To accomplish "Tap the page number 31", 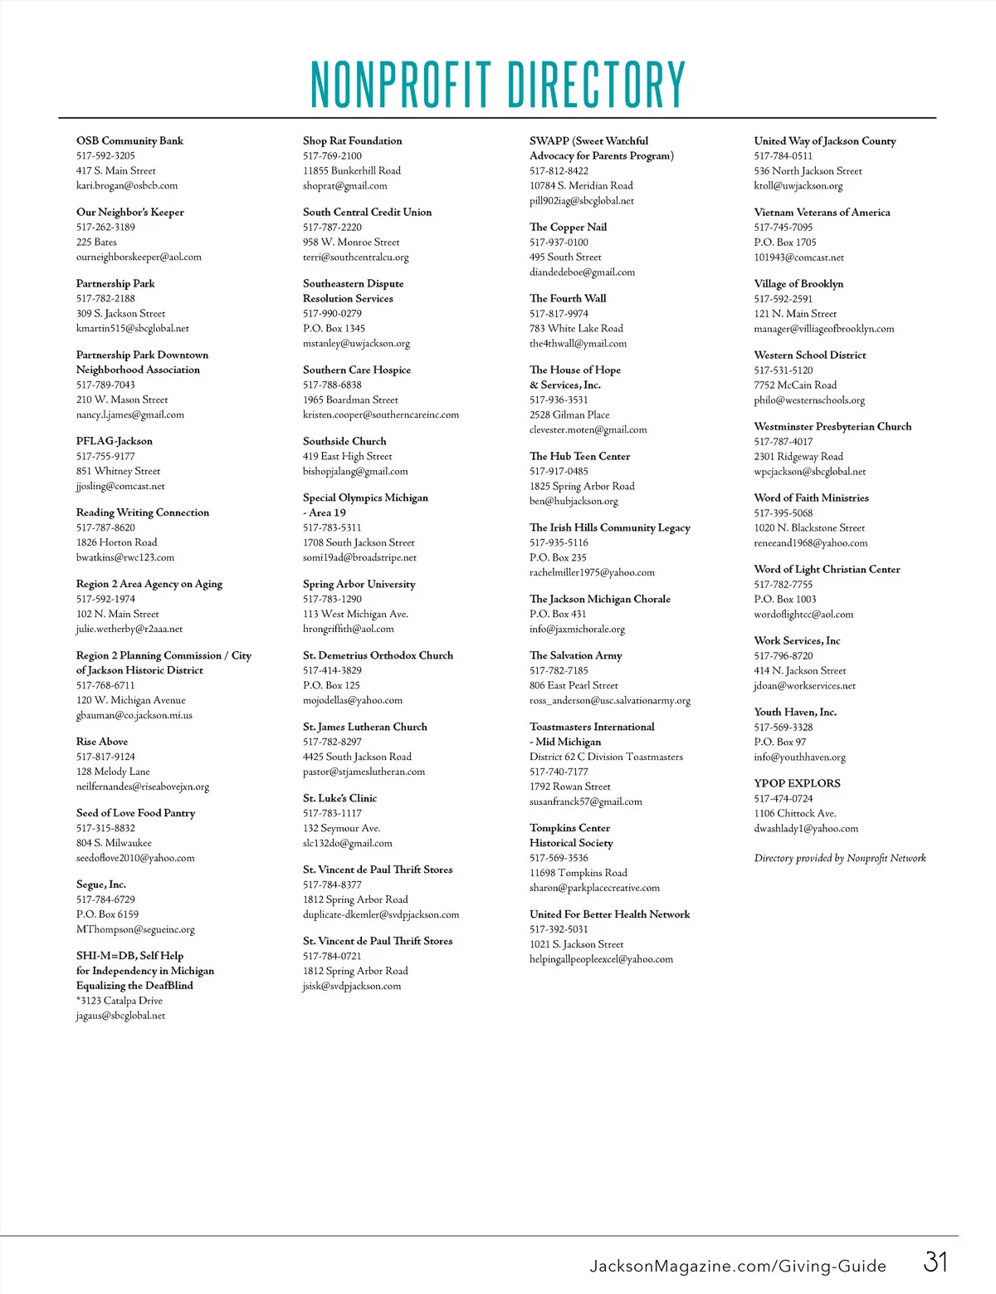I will (935, 1262).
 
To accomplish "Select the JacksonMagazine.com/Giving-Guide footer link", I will (738, 1266).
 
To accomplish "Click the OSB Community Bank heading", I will (129, 140).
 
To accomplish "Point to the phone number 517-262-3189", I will (105, 227).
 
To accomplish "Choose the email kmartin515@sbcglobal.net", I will (133, 328).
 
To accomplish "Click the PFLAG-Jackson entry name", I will (115, 441).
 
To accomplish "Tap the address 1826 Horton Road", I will (116, 542).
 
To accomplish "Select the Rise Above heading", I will (102, 742).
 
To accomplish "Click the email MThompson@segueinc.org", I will (135, 929).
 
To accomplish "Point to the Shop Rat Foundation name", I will (352, 140).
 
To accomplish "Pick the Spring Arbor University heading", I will (359, 584).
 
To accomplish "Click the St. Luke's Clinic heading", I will (339, 798).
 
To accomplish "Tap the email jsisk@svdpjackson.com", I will (352, 986).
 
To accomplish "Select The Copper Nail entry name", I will (568, 227).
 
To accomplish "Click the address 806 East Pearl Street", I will (574, 685).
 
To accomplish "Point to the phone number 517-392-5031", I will (559, 929).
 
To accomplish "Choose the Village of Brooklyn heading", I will (798, 283).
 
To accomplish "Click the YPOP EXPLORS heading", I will (797, 783).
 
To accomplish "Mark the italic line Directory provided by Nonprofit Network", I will (840, 858).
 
